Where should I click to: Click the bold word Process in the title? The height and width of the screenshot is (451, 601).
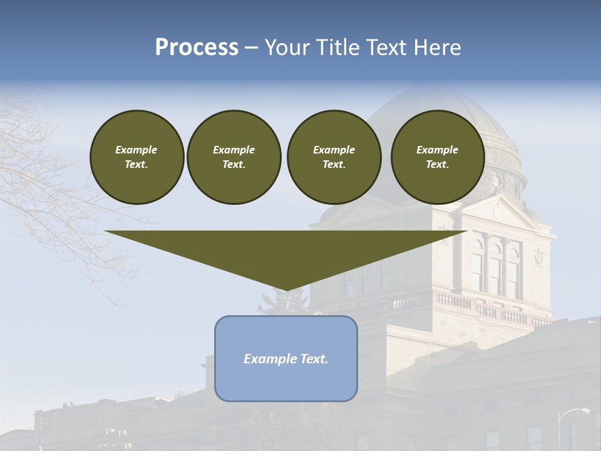(x=197, y=48)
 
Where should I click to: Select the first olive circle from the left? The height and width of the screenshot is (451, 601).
(x=137, y=157)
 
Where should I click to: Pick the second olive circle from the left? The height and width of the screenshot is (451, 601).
(x=234, y=157)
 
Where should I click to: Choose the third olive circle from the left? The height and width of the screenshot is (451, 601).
(x=334, y=157)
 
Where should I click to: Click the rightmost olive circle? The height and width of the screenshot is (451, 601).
(x=438, y=157)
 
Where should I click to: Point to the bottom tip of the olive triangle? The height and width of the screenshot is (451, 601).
(x=287, y=290)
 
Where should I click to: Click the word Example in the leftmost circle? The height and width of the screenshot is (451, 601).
(x=136, y=150)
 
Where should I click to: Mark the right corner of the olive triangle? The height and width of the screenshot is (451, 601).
(x=466, y=232)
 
